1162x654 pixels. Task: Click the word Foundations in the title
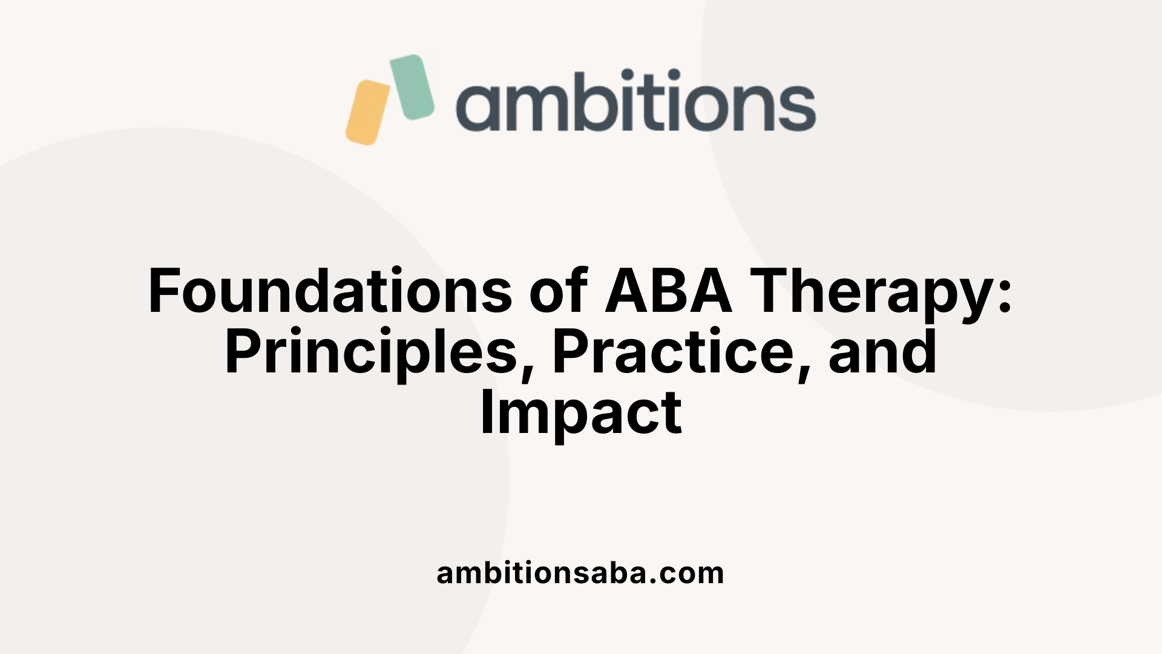(x=330, y=292)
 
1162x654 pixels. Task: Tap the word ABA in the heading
(x=668, y=292)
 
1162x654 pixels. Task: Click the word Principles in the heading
(x=370, y=352)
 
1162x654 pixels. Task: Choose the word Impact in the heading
(x=581, y=414)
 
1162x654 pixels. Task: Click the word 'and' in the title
(x=882, y=352)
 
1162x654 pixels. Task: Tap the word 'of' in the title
(x=558, y=292)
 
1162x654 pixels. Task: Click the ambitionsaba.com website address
(x=580, y=573)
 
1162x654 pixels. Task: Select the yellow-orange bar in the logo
(x=367, y=113)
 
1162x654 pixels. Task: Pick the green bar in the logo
(x=412, y=87)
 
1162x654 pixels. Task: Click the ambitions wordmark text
(x=635, y=102)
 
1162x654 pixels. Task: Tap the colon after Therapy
(x=1005, y=297)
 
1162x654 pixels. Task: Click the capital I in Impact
(x=486, y=414)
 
